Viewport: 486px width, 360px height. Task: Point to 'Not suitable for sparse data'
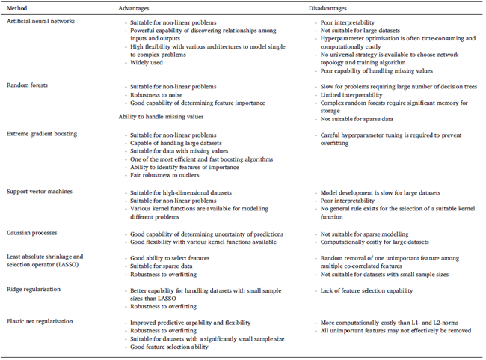click(x=354, y=118)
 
